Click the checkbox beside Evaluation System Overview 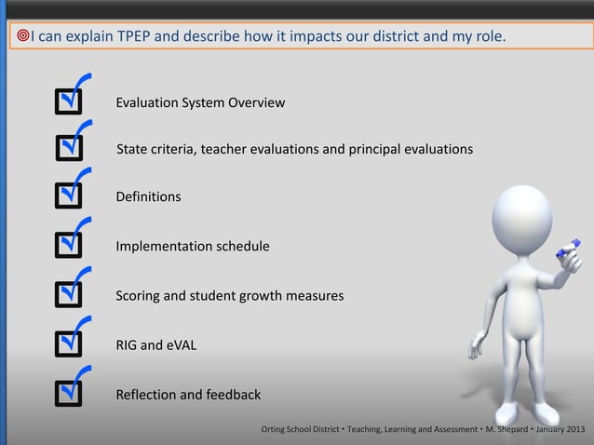point(68,101)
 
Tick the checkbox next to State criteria point(68,148)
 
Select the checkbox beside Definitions point(68,196)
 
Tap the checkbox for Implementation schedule point(68,246)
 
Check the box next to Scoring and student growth point(68,295)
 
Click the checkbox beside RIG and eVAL point(68,344)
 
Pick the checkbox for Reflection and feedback point(68,394)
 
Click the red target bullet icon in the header point(22,36)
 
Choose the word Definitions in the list point(148,197)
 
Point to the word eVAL point(182,345)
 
